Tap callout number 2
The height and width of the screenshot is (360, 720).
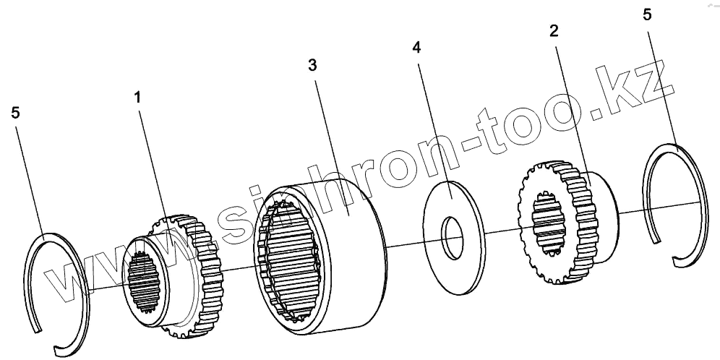click(553, 31)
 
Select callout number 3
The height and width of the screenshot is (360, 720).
click(312, 65)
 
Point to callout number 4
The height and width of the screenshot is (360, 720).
click(417, 48)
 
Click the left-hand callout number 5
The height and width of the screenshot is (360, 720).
click(17, 113)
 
